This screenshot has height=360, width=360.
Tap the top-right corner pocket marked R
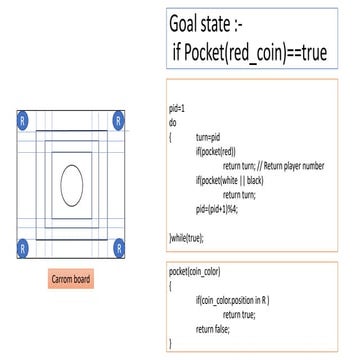click(119, 120)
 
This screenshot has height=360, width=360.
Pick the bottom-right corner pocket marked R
click(119, 246)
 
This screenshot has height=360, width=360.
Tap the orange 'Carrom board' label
click(72, 278)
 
